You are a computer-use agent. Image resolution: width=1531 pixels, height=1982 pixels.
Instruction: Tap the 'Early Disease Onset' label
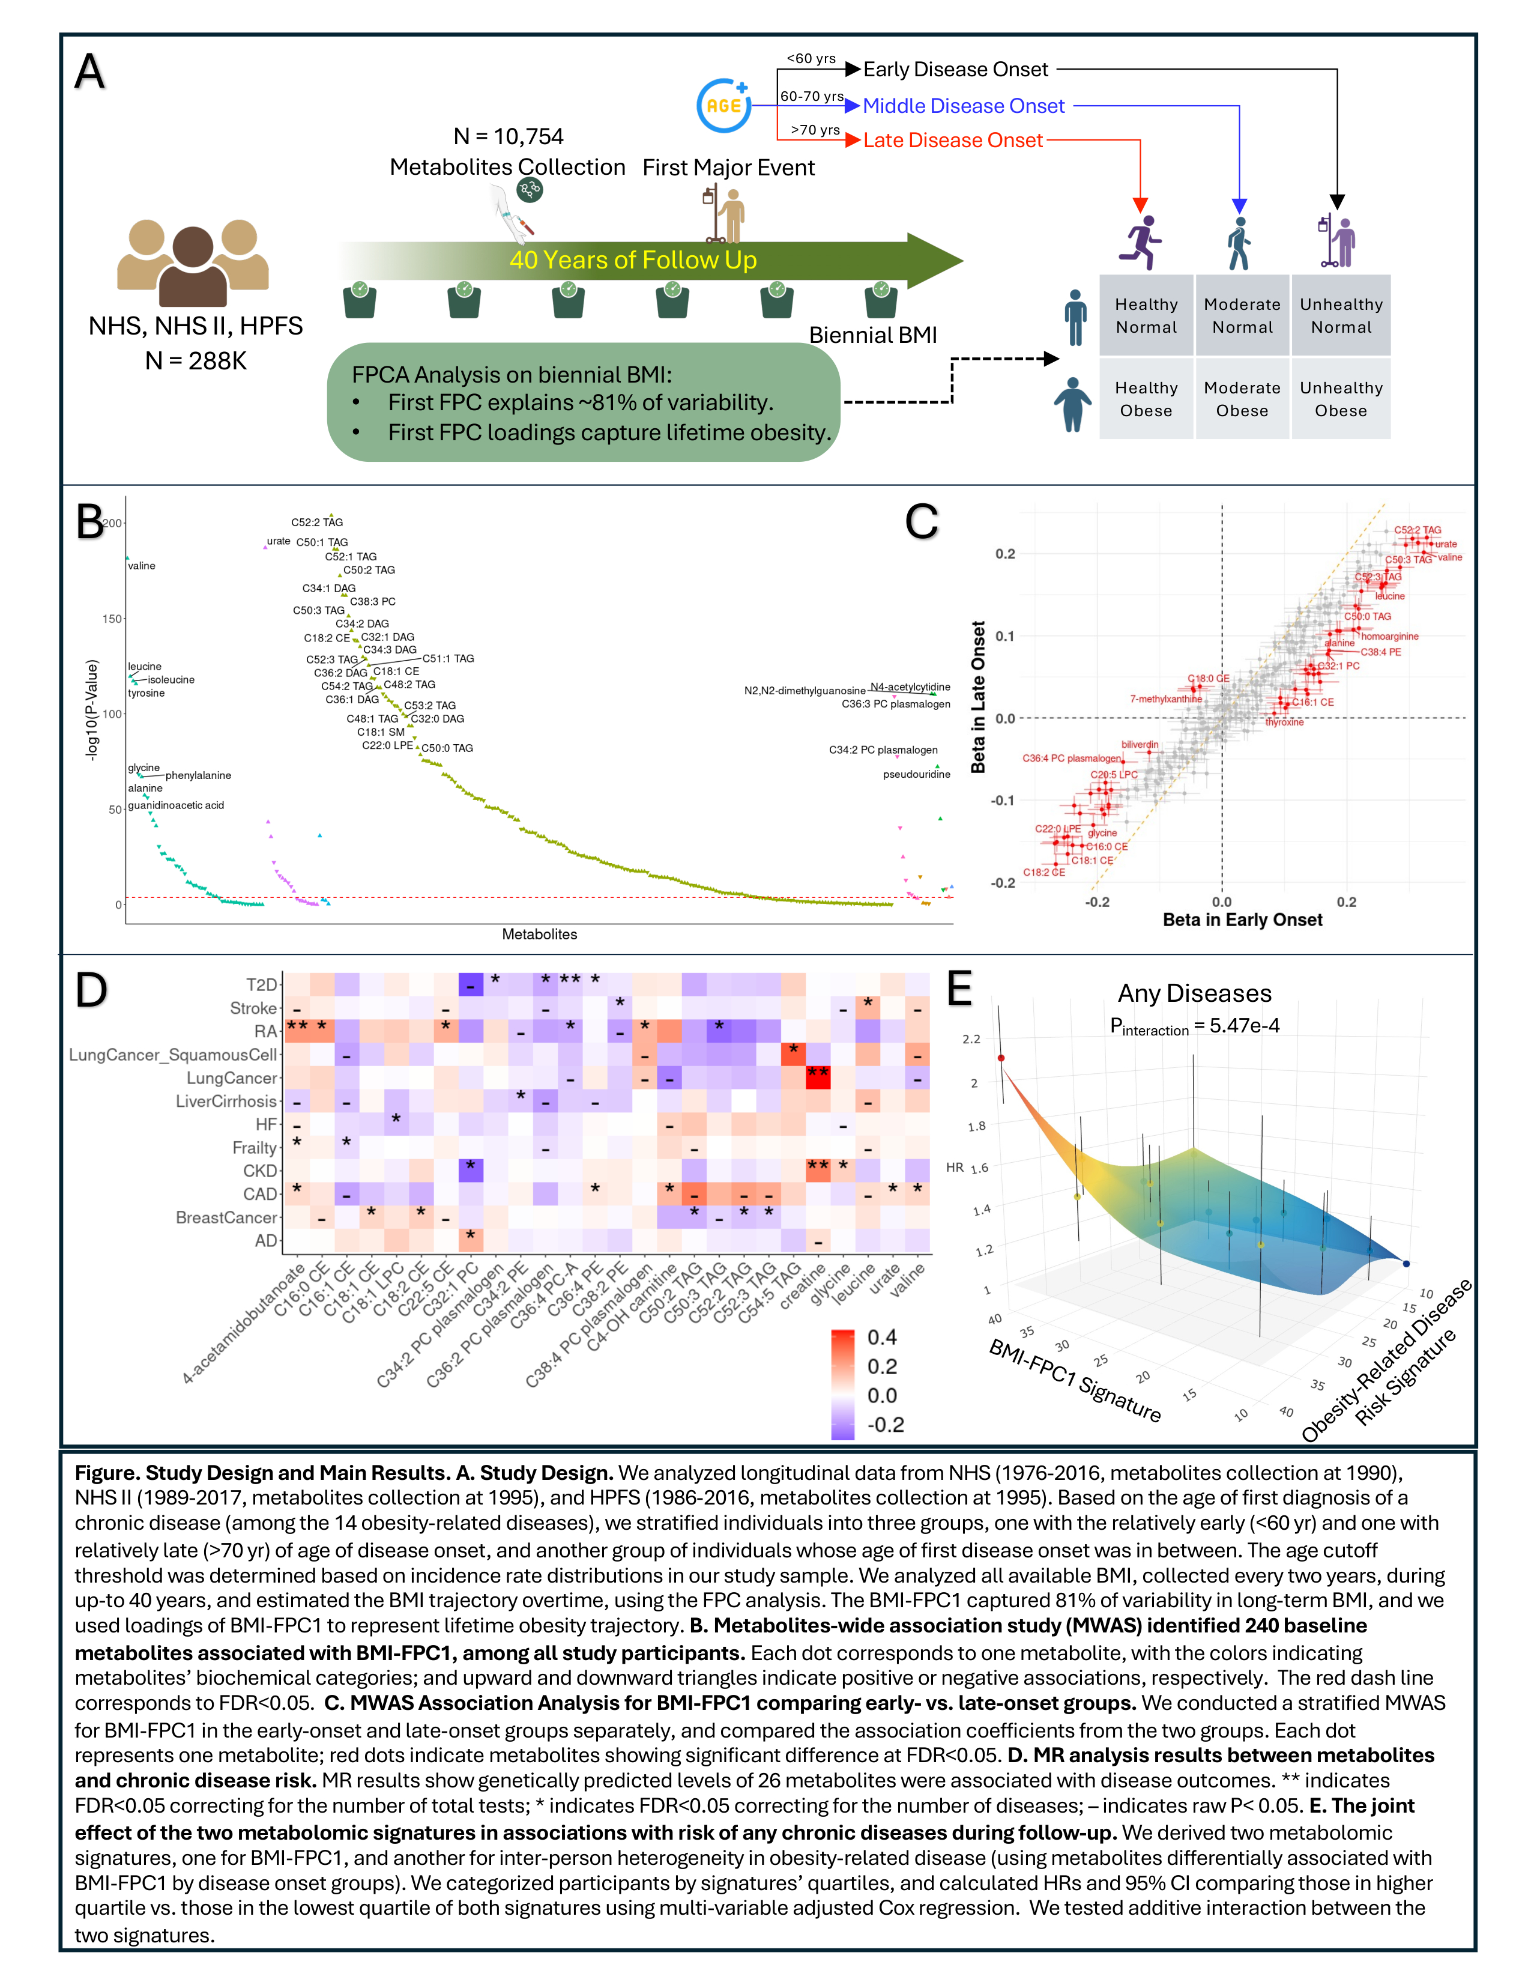[x=955, y=69]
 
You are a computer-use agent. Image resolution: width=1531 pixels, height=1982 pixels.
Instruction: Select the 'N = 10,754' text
[x=508, y=136]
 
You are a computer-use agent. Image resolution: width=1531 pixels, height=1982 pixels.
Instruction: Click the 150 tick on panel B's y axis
[x=112, y=619]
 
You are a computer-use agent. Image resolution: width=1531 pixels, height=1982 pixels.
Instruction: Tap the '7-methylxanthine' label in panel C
[x=1165, y=699]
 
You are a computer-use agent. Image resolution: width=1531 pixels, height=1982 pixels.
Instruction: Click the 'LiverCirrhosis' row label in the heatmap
[x=226, y=1101]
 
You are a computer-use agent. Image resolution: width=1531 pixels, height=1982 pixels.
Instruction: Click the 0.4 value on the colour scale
[x=881, y=1337]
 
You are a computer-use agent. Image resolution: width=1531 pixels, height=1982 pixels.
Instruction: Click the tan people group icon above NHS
[x=193, y=263]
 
